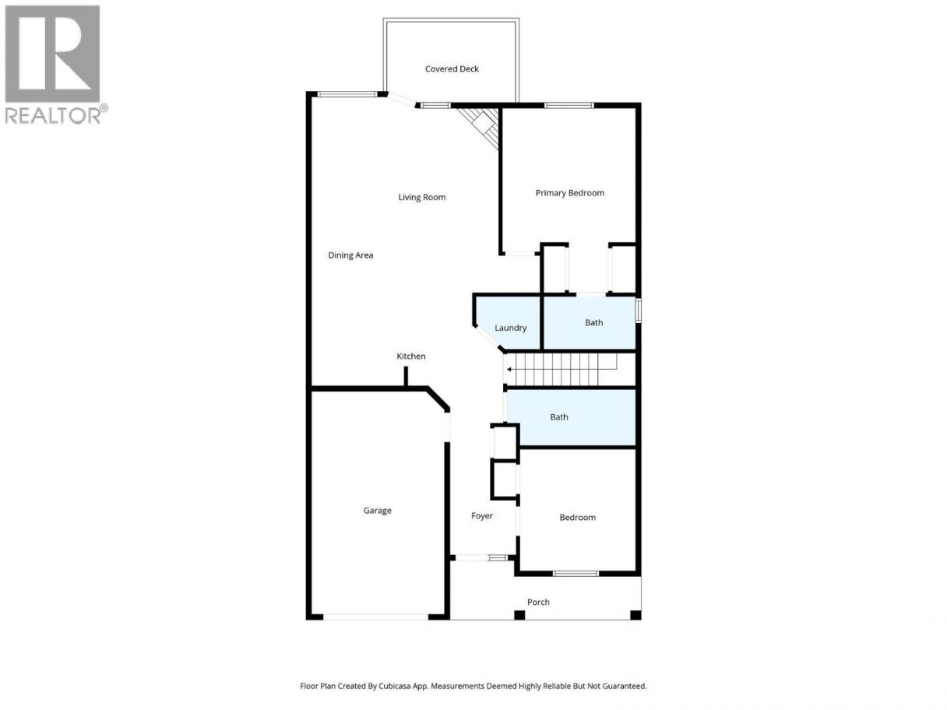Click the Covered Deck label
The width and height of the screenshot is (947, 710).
(x=451, y=69)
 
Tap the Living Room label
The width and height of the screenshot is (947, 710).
(x=421, y=197)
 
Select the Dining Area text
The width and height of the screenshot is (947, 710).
(x=350, y=255)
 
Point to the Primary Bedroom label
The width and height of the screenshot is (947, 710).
(x=569, y=193)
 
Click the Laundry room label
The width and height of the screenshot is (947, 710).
(x=510, y=328)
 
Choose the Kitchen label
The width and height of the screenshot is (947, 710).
(x=410, y=356)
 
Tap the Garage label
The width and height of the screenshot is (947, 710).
(x=377, y=511)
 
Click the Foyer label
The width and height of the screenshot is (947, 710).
(x=481, y=516)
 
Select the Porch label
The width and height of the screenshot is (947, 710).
(x=538, y=603)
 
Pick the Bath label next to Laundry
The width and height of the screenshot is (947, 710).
(x=593, y=322)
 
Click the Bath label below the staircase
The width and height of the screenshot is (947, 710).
(x=558, y=417)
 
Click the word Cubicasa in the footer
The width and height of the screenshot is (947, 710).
(x=395, y=686)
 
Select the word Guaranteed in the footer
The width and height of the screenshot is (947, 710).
(x=624, y=686)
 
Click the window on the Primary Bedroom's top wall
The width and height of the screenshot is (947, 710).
(x=569, y=105)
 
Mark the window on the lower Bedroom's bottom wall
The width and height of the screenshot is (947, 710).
(x=576, y=573)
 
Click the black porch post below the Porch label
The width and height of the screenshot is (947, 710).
(x=519, y=615)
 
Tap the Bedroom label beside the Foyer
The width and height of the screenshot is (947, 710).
(x=577, y=517)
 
